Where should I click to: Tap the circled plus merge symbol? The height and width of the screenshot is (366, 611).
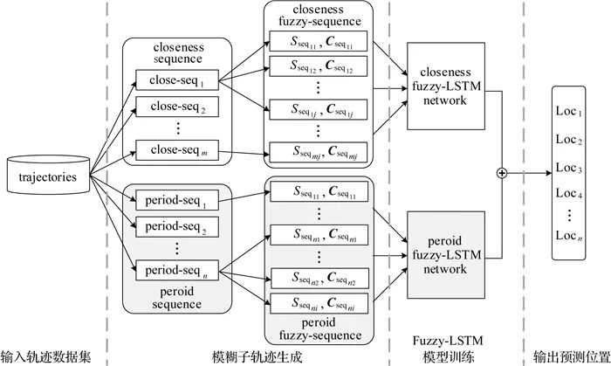(502, 173)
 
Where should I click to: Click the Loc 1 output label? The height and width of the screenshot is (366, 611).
(569, 113)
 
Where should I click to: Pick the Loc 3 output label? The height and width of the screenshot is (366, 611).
(569, 168)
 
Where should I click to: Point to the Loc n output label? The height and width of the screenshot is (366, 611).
(569, 236)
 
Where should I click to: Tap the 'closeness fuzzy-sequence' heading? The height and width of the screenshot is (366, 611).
(318, 15)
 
